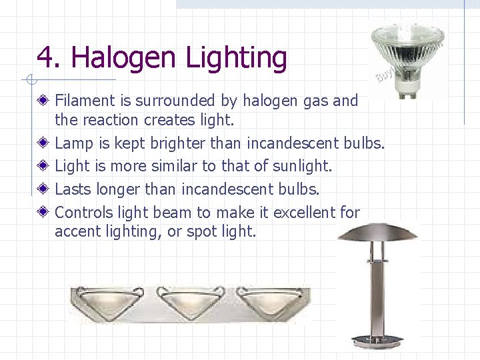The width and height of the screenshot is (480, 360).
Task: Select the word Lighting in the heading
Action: click(x=236, y=59)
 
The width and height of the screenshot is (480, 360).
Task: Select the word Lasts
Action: click(x=73, y=189)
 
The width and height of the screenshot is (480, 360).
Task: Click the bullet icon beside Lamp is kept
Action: click(x=43, y=143)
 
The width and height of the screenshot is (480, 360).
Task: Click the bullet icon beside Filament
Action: click(x=43, y=101)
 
